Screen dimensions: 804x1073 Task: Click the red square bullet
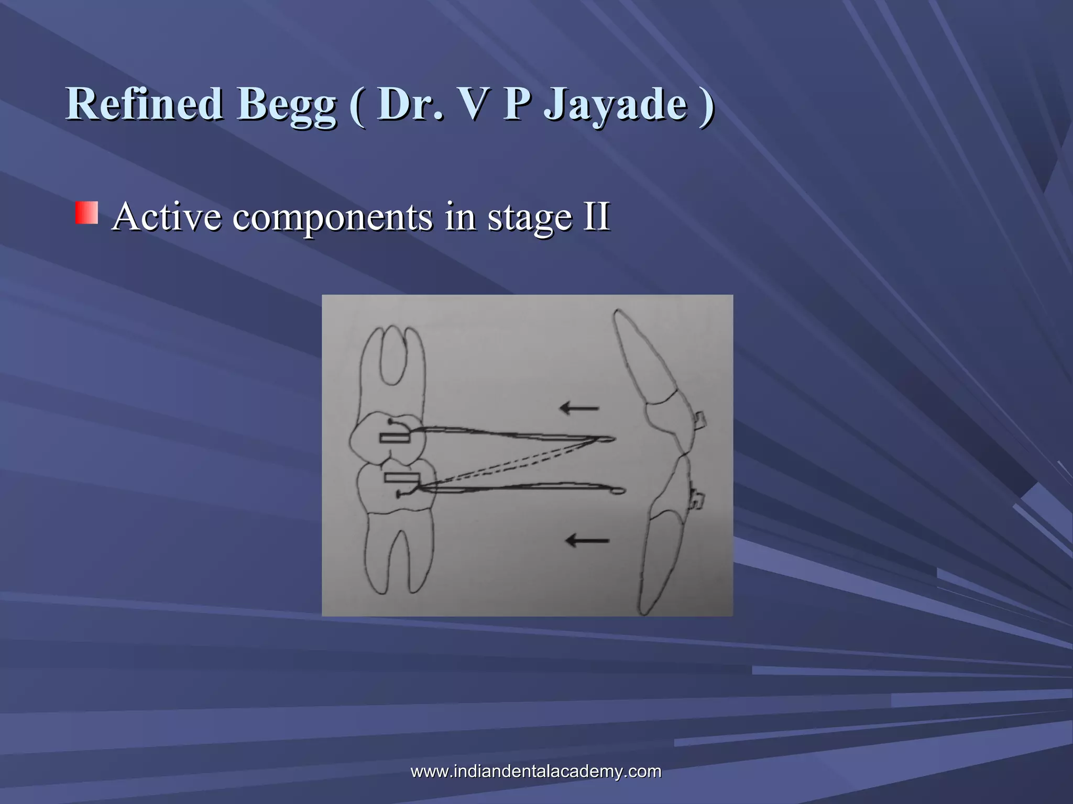86,213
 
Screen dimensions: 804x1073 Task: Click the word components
333,218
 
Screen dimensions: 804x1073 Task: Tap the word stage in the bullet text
530,218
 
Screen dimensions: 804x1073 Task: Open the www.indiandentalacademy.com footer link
535,771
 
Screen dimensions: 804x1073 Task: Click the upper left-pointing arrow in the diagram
579,408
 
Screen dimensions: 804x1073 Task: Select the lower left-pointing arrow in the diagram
587,540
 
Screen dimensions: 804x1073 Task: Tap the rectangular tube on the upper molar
396,438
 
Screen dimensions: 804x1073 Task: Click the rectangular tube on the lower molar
402,477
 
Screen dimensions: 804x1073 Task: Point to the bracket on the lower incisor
697,500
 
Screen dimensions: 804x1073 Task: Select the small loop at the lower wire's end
619,490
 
